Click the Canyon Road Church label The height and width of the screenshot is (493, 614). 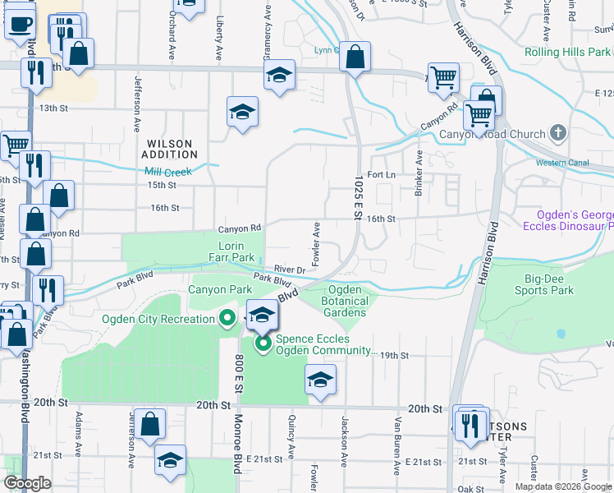click(493, 134)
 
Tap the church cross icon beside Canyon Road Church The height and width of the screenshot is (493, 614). click(557, 133)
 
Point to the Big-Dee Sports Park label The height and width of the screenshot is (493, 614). click(544, 284)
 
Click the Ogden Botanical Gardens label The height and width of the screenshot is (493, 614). click(347, 301)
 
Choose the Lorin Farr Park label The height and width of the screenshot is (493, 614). click(236, 251)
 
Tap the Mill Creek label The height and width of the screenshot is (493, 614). click(167, 172)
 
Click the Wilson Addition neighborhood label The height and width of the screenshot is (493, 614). click(169, 149)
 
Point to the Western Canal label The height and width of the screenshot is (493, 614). click(562, 163)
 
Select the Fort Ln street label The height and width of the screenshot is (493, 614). click(382, 175)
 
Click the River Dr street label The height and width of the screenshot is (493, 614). click(290, 269)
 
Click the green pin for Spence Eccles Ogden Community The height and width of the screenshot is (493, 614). click(263, 344)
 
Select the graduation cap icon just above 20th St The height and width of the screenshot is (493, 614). click(321, 380)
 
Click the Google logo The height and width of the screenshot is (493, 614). click(28, 483)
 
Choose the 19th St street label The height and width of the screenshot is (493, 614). click(394, 355)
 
